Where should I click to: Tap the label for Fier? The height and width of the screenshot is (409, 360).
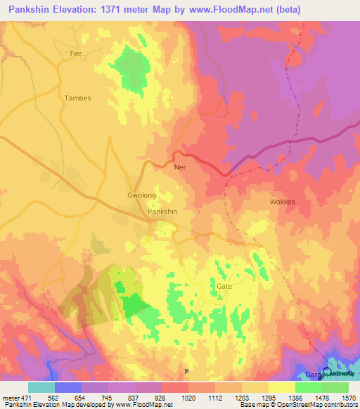[x=76, y=53]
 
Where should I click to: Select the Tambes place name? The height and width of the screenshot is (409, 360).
[x=77, y=98]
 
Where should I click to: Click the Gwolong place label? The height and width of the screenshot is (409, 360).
[x=141, y=195]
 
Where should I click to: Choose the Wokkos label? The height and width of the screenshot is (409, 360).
[x=283, y=202]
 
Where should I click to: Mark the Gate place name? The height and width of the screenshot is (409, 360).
[x=224, y=287]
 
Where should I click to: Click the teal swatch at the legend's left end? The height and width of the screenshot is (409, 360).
[x=41, y=387]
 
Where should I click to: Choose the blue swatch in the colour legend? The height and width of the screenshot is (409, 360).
[x=68, y=387]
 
